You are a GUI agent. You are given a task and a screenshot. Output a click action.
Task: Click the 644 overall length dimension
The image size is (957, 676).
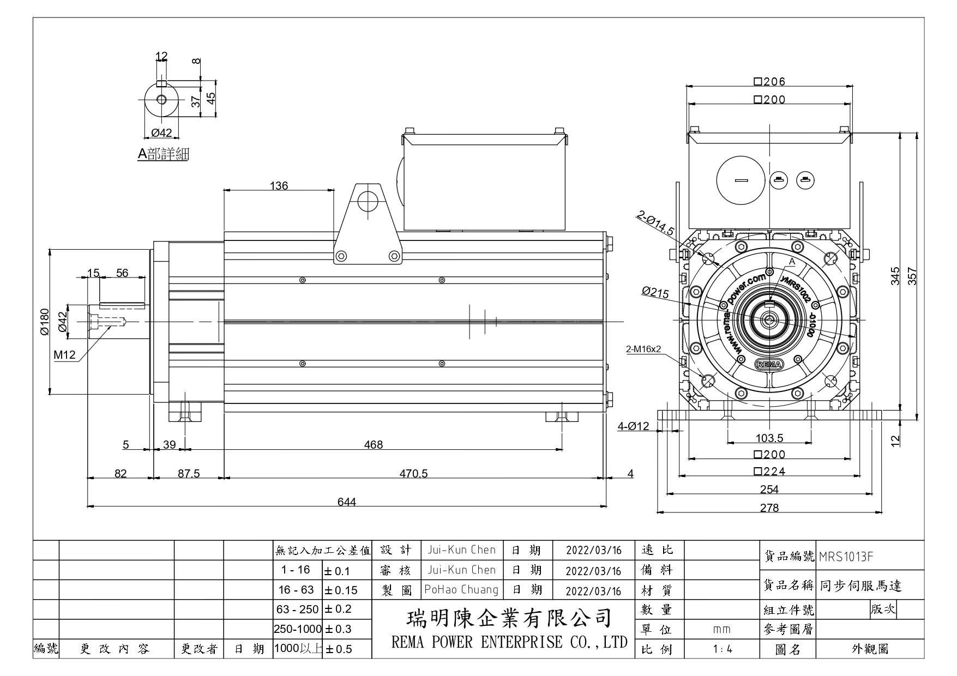point(347,502)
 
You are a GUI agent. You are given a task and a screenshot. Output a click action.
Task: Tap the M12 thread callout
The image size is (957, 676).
point(64,355)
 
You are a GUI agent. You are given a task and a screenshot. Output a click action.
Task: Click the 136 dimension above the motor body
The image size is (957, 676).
point(279,185)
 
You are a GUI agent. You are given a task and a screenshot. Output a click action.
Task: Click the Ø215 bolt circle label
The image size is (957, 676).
point(655,292)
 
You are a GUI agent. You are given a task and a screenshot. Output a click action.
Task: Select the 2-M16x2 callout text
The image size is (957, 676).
point(643,349)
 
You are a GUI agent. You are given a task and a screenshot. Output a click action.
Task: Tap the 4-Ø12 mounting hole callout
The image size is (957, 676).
point(633,426)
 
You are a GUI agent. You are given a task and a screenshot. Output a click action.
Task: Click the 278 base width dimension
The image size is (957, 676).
point(769,508)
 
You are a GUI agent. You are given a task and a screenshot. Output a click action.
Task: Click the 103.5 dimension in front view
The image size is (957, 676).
point(769,438)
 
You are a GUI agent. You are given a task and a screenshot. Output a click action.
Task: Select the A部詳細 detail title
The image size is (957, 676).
point(163,154)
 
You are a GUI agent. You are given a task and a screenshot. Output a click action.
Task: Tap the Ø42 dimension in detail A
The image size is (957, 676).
point(161,132)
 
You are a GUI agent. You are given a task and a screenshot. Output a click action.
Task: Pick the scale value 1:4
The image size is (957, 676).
point(722,649)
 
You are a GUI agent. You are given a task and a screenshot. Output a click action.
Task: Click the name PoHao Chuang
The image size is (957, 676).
point(461,589)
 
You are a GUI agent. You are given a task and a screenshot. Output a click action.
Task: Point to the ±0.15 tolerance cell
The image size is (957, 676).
point(341,590)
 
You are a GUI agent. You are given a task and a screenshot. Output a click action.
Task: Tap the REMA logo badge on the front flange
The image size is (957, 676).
point(768,364)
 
